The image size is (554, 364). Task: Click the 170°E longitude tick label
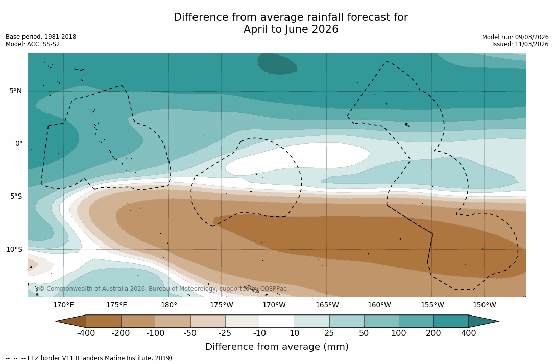coord(63,305)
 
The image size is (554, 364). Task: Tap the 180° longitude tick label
coord(169,305)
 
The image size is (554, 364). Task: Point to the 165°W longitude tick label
coord(327,305)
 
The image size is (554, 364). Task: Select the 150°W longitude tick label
coord(485,305)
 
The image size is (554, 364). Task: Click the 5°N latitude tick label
coord(15,91)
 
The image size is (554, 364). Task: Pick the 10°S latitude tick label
coord(14,250)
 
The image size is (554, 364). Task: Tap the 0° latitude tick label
coord(18,144)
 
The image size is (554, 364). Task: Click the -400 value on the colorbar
coord(86,333)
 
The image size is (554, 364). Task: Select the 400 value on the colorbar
coord(468,333)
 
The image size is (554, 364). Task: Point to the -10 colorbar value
coord(260,333)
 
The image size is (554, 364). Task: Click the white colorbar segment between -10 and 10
coord(277,321)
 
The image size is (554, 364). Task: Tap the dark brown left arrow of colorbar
coord(70,321)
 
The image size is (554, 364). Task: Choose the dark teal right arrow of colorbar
coord(483,321)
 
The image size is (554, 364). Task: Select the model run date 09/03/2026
coord(532,37)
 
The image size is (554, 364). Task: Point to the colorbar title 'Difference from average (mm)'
coord(277,347)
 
